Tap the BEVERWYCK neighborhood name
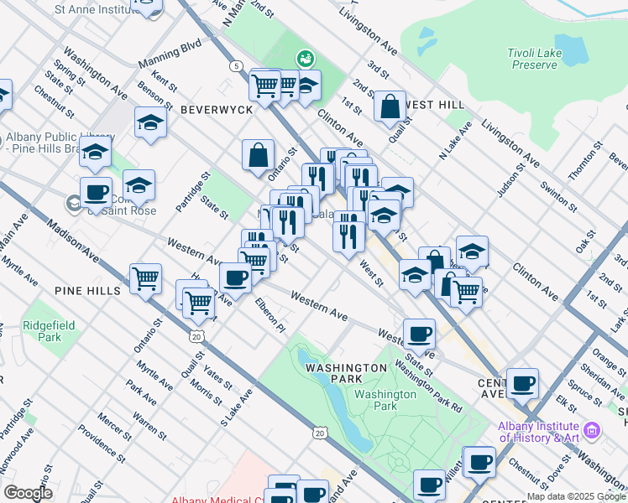pyautogui.click(x=211, y=110)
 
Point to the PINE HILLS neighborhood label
pyautogui.click(x=88, y=290)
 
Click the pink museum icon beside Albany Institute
pyautogui.click(x=593, y=431)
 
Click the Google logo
pyautogui.click(x=28, y=493)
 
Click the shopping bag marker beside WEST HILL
pyautogui.click(x=390, y=106)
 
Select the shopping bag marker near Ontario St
pyautogui.click(x=258, y=155)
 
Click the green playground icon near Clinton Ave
pyautogui.click(x=306, y=58)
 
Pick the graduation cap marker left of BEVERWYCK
pyautogui.click(x=150, y=122)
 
